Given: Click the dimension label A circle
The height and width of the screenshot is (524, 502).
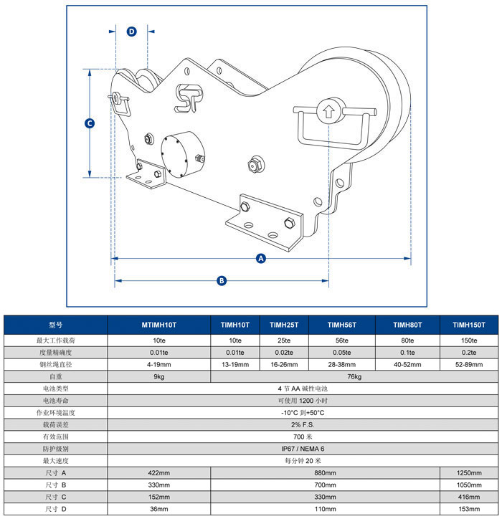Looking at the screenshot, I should [x=261, y=258].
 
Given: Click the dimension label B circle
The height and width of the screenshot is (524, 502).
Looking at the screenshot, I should [x=222, y=280].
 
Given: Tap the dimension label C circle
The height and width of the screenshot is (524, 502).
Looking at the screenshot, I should [x=90, y=123].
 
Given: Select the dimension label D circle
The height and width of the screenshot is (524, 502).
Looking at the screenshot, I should [x=131, y=32].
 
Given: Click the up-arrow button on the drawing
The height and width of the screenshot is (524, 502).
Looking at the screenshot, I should [x=328, y=111].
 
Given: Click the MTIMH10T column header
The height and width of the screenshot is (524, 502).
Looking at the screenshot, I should [x=158, y=325].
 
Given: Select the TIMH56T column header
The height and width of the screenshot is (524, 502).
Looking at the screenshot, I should [x=341, y=325].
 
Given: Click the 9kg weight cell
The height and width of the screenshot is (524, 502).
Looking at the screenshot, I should [x=158, y=376].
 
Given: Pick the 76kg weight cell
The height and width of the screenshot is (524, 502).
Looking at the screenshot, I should [x=354, y=376].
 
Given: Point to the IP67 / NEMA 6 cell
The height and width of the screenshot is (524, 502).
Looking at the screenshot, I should [x=303, y=449].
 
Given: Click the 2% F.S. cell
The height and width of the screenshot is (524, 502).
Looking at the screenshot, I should [x=303, y=424].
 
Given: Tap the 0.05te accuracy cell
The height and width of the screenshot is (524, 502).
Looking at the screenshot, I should [x=341, y=352].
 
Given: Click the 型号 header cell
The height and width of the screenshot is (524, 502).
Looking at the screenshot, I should [x=56, y=325].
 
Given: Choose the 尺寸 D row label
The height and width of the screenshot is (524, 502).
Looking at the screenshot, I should [x=56, y=509].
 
